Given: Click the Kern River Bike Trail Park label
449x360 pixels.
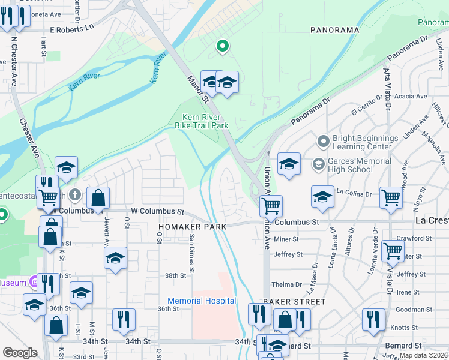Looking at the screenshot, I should point(201,121).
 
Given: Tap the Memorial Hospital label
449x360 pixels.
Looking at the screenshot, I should point(202,301).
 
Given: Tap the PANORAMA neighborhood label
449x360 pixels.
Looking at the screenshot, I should point(334,29).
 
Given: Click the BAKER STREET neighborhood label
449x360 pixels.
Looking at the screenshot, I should point(294,302).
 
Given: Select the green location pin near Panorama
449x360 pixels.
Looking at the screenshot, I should point(223,46).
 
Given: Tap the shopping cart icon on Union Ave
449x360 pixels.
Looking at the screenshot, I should point(271,206).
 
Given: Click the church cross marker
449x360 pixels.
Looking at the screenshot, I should point(75,194).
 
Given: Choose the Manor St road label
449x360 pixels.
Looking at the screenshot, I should point(197,87).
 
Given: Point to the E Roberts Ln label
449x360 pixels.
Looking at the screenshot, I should point(73,28).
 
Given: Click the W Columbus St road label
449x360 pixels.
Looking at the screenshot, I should point(157,211).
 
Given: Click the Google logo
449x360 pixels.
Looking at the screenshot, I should point(20,353).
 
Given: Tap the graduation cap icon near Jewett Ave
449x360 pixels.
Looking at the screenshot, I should point(115,258).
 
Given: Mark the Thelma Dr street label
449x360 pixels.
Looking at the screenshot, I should point(286,284).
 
